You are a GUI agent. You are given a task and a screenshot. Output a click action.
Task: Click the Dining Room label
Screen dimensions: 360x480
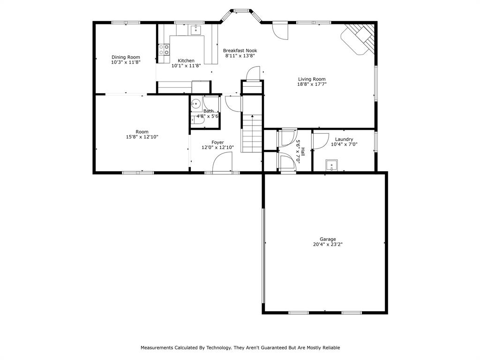click(126, 57)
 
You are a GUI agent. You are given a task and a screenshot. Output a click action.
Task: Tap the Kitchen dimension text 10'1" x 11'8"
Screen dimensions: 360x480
click(186, 66)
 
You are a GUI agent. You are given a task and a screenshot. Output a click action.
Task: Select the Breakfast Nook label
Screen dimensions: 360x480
click(240, 51)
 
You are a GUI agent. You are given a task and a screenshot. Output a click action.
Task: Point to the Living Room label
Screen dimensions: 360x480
click(312, 79)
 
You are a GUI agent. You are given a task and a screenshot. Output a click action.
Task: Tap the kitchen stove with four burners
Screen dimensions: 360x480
click(164, 49)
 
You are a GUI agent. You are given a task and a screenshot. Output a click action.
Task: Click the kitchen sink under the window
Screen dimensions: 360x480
click(195, 30)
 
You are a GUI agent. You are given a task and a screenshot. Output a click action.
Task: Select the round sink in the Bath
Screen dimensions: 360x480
click(196, 104)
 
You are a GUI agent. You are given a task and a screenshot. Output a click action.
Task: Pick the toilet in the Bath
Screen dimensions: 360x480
click(195, 120)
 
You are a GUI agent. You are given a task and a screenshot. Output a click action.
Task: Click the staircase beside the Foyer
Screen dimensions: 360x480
click(252, 134)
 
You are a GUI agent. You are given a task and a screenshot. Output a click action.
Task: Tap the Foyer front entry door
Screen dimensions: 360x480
click(222, 164)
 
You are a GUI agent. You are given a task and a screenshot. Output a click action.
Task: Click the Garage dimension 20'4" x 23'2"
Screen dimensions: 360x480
click(328, 244)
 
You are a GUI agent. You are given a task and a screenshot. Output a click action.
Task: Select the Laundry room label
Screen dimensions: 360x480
click(344, 139)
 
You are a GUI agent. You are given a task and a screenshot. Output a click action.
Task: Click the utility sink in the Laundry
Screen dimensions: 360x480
click(331, 165)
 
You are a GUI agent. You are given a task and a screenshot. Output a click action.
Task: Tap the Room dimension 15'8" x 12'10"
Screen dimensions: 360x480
click(142, 137)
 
